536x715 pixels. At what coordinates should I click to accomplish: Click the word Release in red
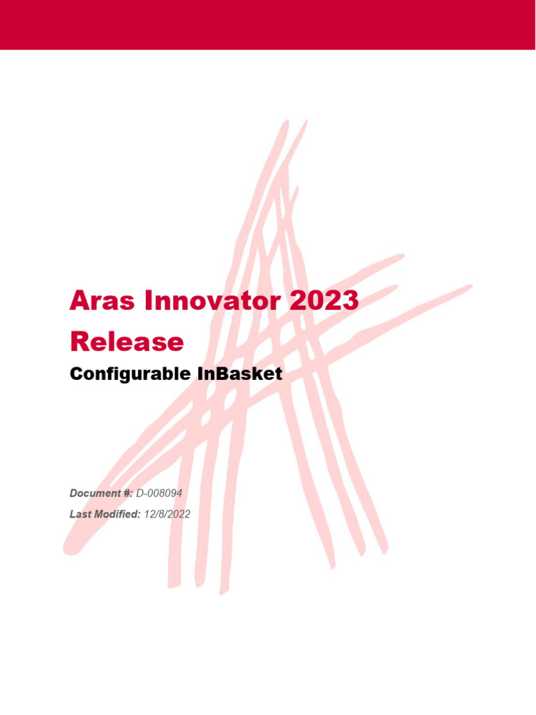(x=127, y=341)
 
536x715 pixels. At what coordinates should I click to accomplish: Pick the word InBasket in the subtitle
(x=239, y=374)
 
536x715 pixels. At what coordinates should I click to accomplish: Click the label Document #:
(x=101, y=494)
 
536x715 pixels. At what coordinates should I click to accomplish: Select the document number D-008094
(x=159, y=494)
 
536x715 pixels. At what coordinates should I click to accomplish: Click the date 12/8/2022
(x=167, y=514)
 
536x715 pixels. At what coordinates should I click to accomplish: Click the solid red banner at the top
(x=268, y=24)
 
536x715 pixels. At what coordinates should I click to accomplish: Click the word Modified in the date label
(x=117, y=514)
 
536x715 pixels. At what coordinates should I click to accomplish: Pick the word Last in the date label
(x=80, y=514)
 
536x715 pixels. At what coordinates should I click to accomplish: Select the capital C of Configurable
(x=76, y=374)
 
